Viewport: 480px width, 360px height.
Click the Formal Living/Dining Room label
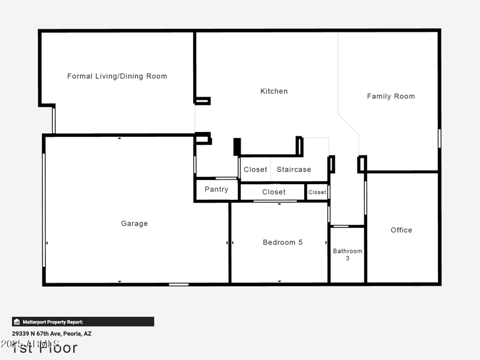point(117,76)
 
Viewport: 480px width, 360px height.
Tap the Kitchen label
point(274,91)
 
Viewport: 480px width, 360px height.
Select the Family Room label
point(391,96)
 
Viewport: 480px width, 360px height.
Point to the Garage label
point(134,223)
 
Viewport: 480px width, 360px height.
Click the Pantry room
point(216,190)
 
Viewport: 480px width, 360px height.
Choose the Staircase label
point(294,170)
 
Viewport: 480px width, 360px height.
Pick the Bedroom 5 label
point(283,242)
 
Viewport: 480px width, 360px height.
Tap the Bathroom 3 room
point(347,254)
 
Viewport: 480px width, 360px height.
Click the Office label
point(401,230)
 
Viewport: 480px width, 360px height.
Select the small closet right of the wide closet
point(317,192)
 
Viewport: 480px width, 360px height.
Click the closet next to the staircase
point(255,170)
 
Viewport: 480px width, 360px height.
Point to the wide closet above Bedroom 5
point(274,192)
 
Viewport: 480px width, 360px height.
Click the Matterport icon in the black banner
point(17,322)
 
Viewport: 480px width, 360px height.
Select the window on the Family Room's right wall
point(439,138)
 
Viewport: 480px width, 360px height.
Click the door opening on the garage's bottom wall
point(178,284)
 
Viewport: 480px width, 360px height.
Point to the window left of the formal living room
point(53,120)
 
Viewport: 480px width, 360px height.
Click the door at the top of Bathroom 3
point(341,226)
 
